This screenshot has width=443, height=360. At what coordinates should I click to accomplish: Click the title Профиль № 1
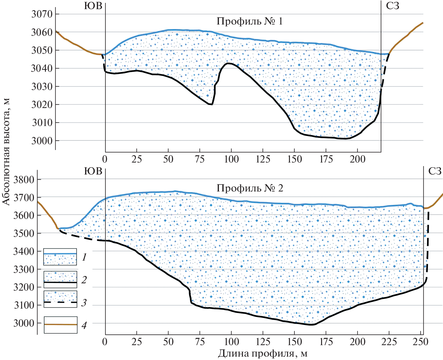coord(249,21)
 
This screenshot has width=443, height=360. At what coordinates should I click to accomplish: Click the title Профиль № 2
coord(250,188)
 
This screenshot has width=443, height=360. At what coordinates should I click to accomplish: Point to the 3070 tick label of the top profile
coord(42,14)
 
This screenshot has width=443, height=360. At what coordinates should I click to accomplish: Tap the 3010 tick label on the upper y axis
coord(42,123)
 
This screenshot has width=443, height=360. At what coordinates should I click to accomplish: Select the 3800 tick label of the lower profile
coord(24,180)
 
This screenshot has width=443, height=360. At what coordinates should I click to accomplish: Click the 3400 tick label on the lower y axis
coord(24,251)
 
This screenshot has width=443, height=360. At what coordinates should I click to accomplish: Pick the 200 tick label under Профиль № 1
coord(357,159)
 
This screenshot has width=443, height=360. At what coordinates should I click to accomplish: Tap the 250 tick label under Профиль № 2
coord(420,342)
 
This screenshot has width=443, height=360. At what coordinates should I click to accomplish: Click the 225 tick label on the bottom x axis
coord(389,342)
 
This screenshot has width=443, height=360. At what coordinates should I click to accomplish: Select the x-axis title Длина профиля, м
coord(263,353)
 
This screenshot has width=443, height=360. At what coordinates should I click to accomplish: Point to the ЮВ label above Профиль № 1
coord(93,6)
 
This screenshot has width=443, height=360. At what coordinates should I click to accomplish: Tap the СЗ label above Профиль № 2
coord(435,171)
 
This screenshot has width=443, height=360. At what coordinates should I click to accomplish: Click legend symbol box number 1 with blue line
coord(60,257)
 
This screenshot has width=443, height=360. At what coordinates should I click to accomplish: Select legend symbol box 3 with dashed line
coord(60,299)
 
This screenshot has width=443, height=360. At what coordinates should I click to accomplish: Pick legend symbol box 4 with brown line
coord(61,325)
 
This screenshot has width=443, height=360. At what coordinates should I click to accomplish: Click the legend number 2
coord(84,280)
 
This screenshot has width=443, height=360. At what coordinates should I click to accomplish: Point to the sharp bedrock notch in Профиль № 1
coord(211,104)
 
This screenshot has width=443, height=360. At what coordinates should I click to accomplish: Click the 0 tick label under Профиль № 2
coord(105,342)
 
